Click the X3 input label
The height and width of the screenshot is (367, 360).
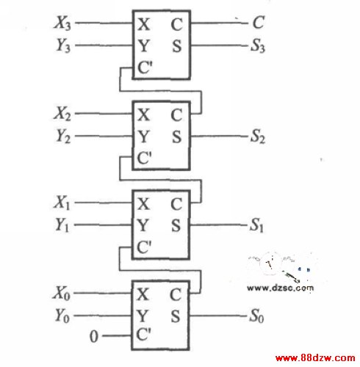62,23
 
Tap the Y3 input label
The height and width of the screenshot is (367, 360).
63,46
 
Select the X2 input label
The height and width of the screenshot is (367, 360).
62,114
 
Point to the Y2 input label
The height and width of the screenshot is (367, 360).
63,136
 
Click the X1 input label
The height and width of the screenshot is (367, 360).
62,203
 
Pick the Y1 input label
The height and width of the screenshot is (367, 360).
62,225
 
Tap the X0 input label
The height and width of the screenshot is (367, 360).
62,293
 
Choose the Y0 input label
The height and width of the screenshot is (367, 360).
62,316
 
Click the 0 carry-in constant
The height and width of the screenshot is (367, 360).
94,336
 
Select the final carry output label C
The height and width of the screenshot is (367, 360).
259,23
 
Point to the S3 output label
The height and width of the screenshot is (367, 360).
258,46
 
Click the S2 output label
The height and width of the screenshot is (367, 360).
258,137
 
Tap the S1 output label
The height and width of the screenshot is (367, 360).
256,225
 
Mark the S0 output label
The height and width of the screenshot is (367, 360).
256,316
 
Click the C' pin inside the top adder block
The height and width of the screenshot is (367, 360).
145,68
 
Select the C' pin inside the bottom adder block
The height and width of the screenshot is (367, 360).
143,334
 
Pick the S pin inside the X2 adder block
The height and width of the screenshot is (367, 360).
176,137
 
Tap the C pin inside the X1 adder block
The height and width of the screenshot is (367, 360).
176,204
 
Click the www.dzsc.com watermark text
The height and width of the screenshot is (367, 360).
280,288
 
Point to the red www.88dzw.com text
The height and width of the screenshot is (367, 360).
315,358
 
